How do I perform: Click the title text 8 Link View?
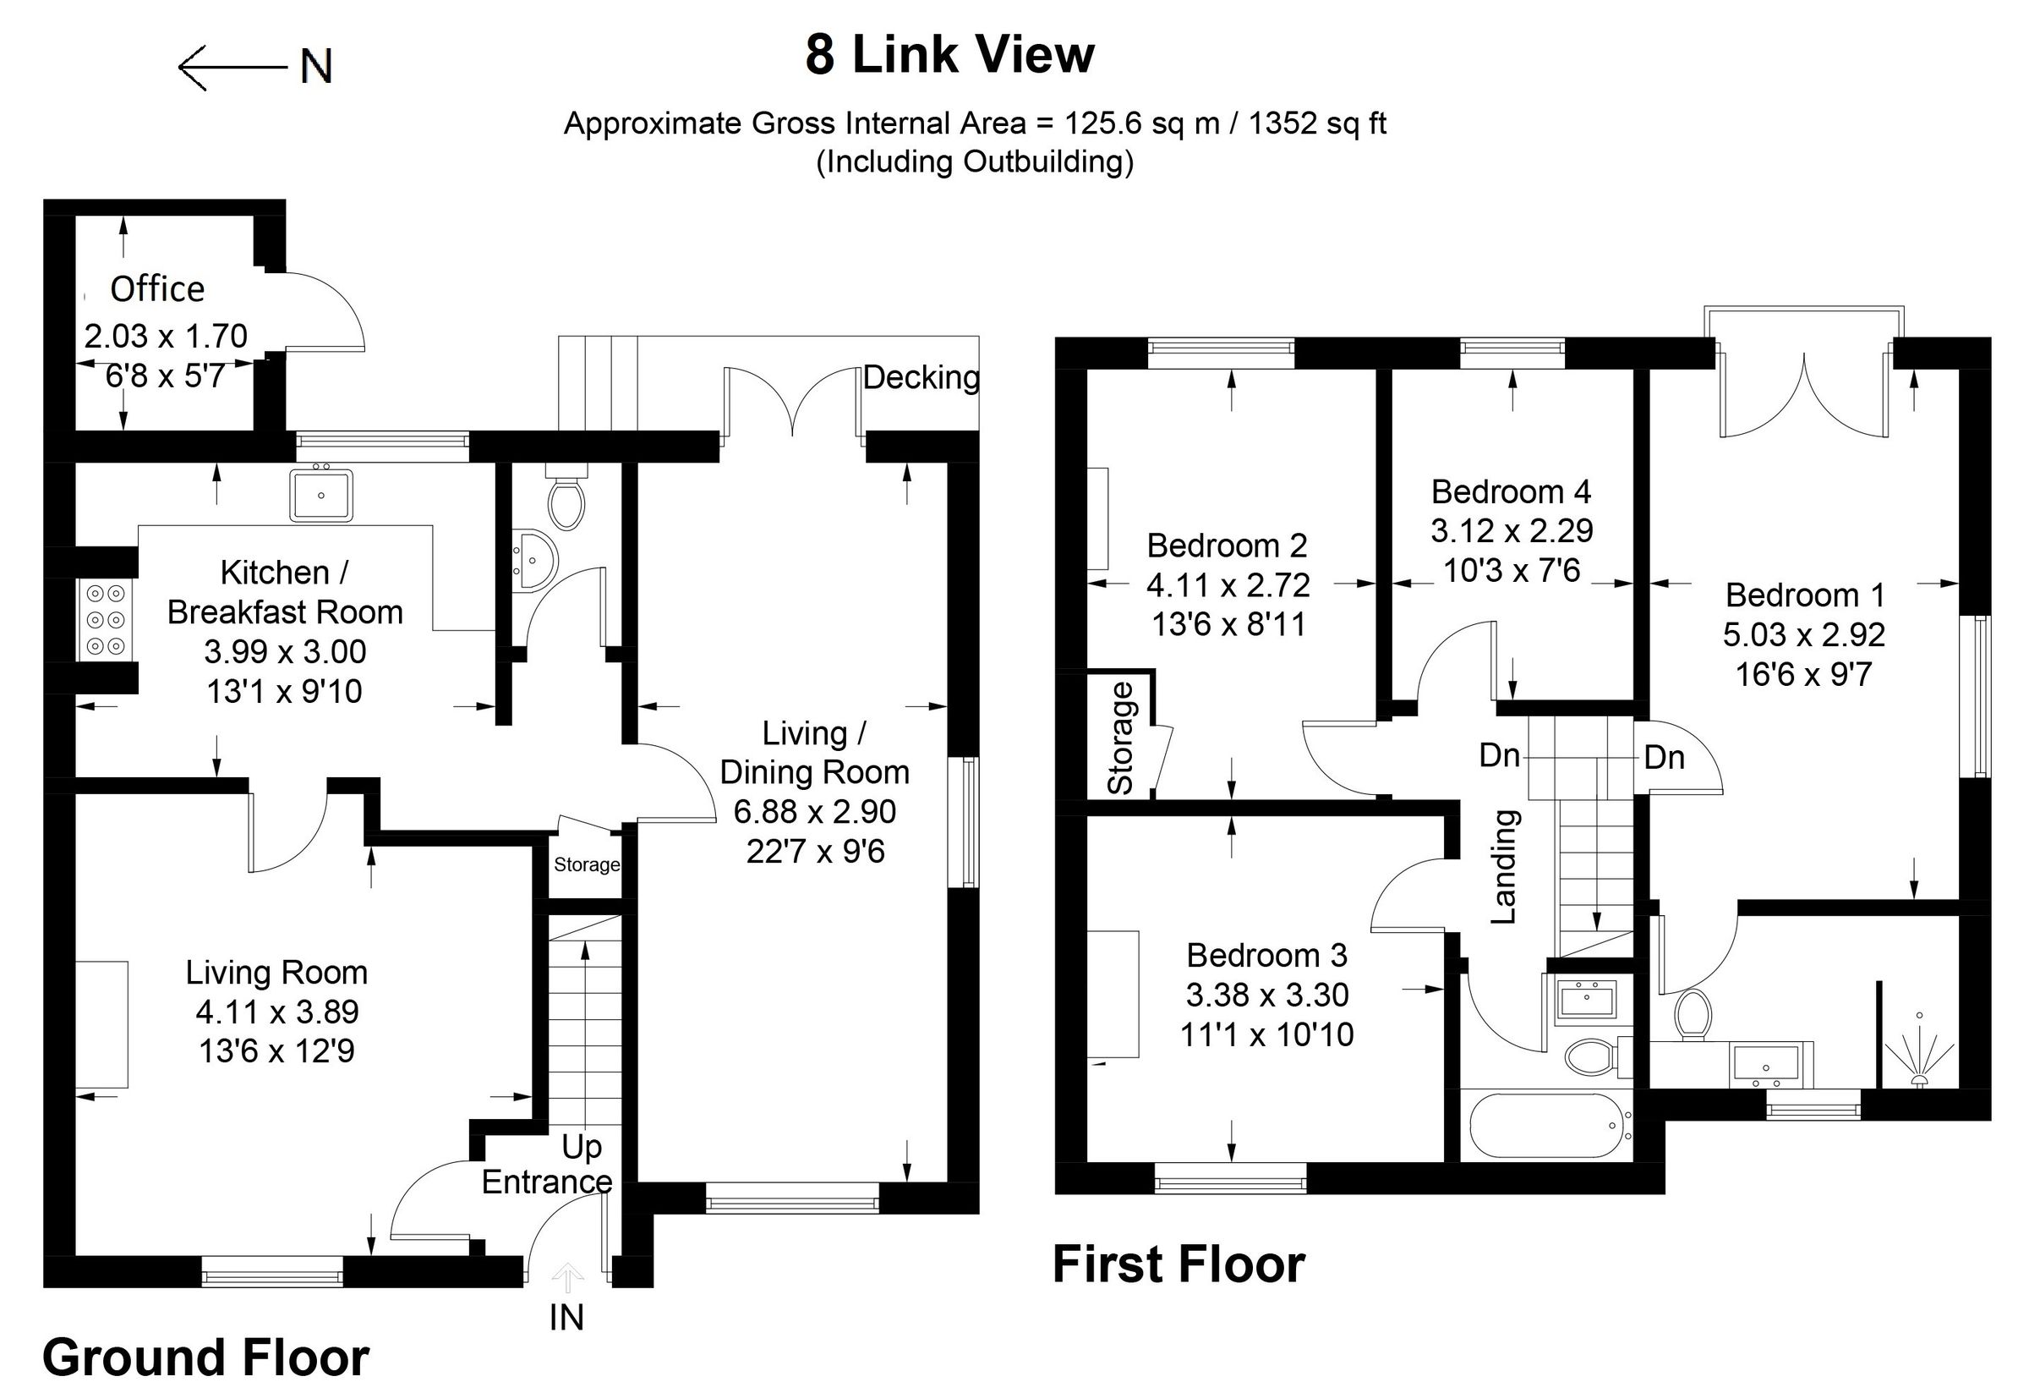point(949,55)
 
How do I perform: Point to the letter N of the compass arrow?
point(316,66)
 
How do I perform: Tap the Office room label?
point(157,289)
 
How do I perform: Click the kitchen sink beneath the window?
point(321,495)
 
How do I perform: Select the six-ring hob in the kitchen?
point(106,620)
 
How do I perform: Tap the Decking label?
point(922,377)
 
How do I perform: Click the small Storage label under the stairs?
point(587,864)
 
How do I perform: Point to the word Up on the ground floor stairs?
point(582,1147)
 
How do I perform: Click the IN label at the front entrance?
point(566,1318)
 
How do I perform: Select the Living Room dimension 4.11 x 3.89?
point(276,1012)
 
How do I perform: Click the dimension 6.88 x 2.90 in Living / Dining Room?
point(815,812)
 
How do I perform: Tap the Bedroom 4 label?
point(1512,491)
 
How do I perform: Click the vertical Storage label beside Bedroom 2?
point(1120,739)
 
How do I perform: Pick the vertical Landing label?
point(1504,866)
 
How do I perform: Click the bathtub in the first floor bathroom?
point(1545,1126)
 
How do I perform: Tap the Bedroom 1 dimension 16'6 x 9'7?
point(1804,674)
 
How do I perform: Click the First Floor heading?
point(1179,1264)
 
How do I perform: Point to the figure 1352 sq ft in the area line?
point(1317,123)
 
